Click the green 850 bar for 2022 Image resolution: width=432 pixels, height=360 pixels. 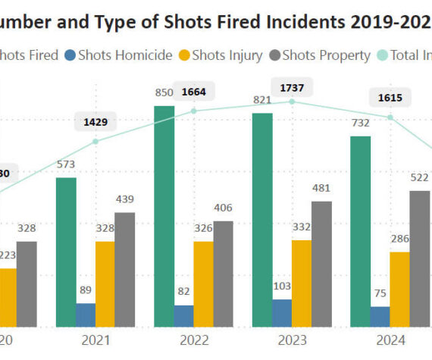(164, 216)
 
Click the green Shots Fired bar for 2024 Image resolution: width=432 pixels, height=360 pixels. (361, 231)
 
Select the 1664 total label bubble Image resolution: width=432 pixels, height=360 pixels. (194, 92)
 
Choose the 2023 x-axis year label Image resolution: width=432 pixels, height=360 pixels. (293, 340)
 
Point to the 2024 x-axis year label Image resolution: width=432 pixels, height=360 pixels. (390, 340)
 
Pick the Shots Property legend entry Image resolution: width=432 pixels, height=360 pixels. (321, 55)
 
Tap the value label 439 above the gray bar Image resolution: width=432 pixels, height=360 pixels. (124, 200)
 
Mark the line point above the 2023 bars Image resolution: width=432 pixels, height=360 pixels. (293, 101)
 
